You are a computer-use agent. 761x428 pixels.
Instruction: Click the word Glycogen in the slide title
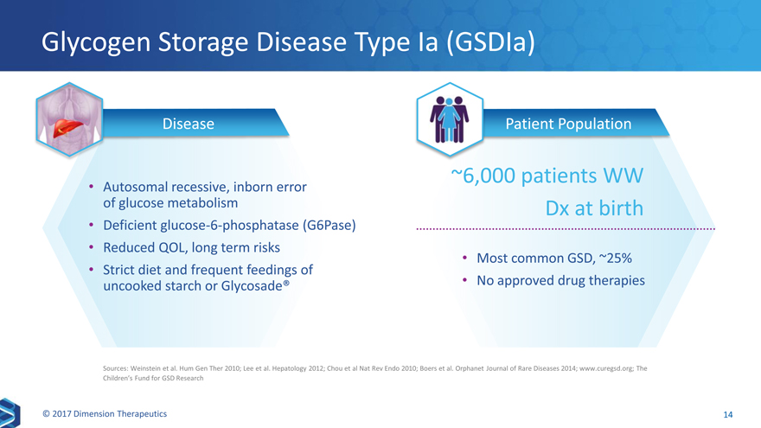[x=96, y=43]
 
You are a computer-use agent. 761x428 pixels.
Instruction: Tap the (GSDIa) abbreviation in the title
[x=490, y=42]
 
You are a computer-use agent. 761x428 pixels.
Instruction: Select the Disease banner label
[x=189, y=124]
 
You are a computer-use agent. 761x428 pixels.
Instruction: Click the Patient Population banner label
[x=568, y=124]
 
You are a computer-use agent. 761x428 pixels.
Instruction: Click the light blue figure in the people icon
[x=449, y=120]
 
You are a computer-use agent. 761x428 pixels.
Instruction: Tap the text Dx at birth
[x=594, y=208]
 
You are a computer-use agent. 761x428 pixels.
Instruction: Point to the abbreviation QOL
[x=171, y=248]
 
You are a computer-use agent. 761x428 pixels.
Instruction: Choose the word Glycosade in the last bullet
[x=252, y=286]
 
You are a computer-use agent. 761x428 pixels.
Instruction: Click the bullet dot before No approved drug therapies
[x=464, y=280]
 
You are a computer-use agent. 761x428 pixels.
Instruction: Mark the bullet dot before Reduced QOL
[x=91, y=247]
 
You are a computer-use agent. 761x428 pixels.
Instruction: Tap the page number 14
[x=728, y=414]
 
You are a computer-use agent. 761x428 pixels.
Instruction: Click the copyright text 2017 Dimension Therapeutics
[x=105, y=414]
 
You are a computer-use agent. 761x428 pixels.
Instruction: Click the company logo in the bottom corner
[x=10, y=413]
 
